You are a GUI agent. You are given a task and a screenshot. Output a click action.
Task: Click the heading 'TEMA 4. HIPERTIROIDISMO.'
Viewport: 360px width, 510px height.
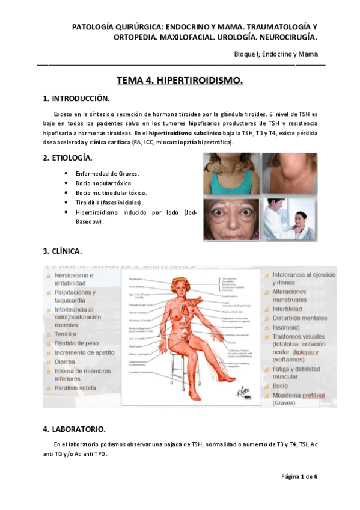pos(180,81)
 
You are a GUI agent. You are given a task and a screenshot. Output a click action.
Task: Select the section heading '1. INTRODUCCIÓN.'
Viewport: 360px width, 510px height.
pos(76,98)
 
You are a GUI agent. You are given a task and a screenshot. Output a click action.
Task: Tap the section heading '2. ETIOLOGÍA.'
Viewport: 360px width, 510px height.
pos(67,158)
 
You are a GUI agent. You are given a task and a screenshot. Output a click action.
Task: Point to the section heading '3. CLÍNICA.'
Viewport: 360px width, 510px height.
pos(63,250)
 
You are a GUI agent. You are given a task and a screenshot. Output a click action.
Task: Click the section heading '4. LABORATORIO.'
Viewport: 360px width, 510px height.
pos(74,429)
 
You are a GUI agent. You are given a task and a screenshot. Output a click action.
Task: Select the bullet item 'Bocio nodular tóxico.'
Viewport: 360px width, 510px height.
pos(105,183)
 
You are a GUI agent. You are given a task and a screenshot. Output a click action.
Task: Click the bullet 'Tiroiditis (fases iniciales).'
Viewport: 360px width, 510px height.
pos(110,203)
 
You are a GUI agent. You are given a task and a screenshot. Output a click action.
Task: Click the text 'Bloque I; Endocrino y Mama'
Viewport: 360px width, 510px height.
pos(276,55)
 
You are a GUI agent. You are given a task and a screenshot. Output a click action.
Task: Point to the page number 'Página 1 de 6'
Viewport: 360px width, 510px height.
pos(299,477)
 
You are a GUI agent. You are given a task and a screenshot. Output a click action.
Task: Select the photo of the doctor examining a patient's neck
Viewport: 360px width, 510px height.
pos(289,219)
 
